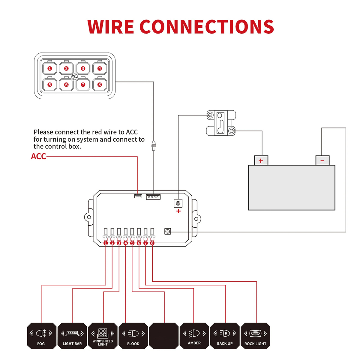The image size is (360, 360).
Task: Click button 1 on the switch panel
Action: click(x=50, y=69)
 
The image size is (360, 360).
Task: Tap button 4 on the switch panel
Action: click(x=100, y=69)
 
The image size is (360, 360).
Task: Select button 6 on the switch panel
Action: click(x=66, y=85)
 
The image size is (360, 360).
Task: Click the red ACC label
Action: click(x=39, y=156)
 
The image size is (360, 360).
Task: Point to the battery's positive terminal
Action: click(x=261, y=160)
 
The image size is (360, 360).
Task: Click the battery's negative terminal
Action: click(x=322, y=160)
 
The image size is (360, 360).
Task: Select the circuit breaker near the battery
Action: click(x=221, y=123)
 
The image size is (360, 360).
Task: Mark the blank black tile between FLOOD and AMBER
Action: click(x=164, y=336)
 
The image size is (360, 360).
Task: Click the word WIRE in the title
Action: click(x=110, y=27)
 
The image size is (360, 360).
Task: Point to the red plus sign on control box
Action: click(x=178, y=211)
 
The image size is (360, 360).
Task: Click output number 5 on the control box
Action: click(x=132, y=243)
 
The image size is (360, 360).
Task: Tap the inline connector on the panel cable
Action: click(x=154, y=146)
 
